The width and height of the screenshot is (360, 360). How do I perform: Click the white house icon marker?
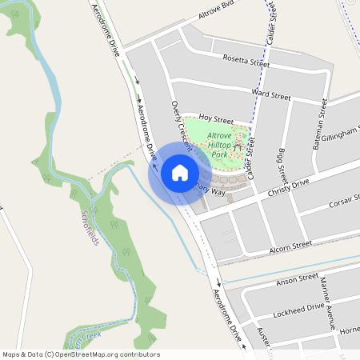pos(180,172)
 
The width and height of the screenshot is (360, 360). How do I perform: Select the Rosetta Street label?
pos(246,61)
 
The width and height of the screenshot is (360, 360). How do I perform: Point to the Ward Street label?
pos(270,95)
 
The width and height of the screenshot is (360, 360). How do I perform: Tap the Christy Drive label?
pos(289,184)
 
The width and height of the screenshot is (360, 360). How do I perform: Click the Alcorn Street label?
pos(290,246)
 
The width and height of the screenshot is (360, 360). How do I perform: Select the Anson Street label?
pos(297,280)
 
